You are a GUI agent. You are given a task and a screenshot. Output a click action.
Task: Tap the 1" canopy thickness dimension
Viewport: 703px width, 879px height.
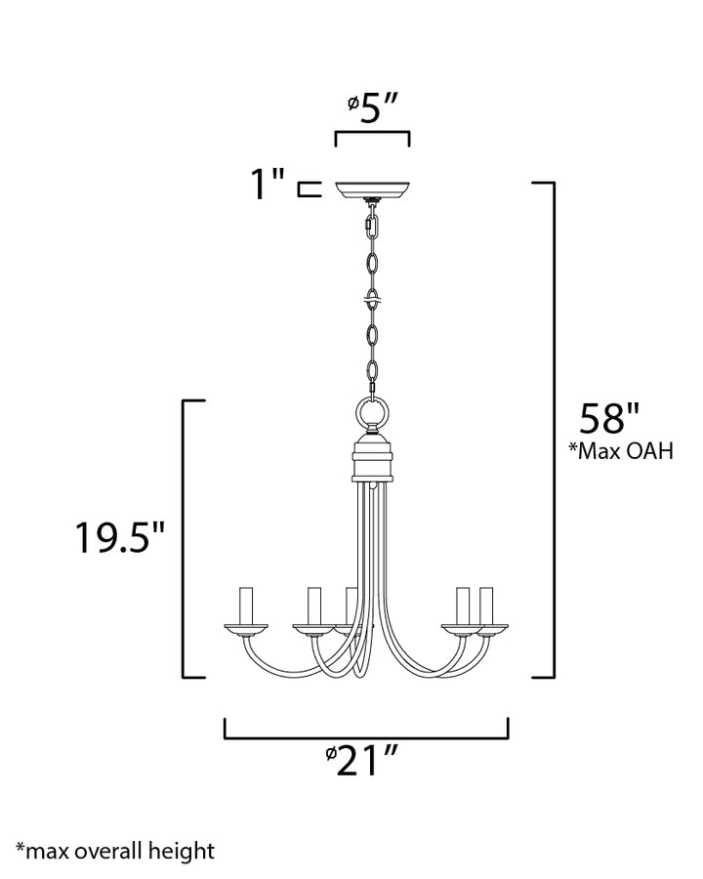click(x=265, y=185)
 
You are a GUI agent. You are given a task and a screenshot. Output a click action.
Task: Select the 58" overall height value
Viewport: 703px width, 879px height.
click(x=608, y=418)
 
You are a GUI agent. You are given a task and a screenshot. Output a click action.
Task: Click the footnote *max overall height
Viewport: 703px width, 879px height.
click(x=115, y=850)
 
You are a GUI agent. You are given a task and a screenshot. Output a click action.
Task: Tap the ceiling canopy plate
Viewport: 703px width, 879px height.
click(x=372, y=188)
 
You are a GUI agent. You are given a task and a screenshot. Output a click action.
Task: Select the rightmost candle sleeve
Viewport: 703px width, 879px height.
click(x=485, y=605)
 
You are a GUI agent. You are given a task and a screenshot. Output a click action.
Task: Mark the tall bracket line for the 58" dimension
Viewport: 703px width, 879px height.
click(x=554, y=430)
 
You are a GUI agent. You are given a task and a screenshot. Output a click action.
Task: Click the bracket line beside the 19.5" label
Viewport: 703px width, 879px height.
click(x=186, y=537)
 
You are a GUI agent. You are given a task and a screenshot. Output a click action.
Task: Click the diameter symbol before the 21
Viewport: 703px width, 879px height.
click(x=331, y=754)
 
